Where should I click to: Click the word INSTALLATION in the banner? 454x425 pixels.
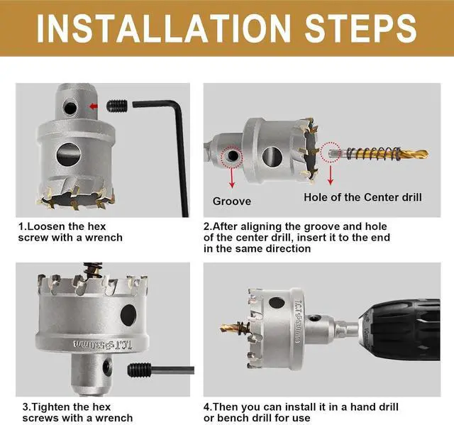(x=164, y=28)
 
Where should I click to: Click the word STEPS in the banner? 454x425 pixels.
(x=360, y=28)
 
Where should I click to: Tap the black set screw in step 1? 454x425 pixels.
(x=117, y=106)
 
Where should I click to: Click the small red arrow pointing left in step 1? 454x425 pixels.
(x=94, y=106)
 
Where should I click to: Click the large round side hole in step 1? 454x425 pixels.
(x=69, y=154)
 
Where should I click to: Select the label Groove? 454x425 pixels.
(x=232, y=202)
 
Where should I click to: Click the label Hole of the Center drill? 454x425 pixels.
(x=362, y=197)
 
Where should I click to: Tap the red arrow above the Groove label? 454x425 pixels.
(x=232, y=177)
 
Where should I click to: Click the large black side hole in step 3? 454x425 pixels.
(x=128, y=315)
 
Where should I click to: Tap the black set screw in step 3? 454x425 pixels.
(x=139, y=370)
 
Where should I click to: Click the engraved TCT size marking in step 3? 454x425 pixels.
(x=103, y=345)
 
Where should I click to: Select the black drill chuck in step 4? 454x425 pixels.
(x=401, y=330)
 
